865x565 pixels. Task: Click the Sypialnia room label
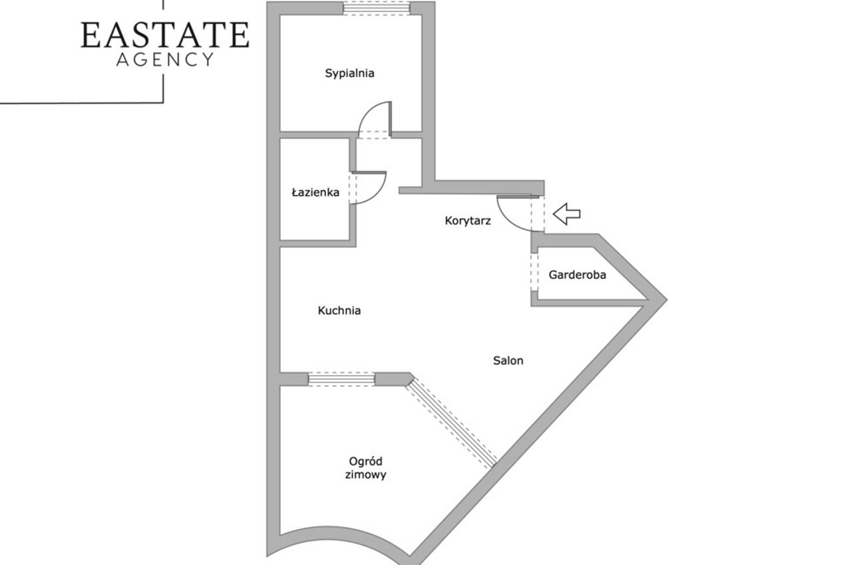pyautogui.click(x=349, y=73)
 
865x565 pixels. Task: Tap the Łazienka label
pyautogui.click(x=315, y=192)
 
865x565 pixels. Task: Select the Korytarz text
pyautogui.click(x=468, y=221)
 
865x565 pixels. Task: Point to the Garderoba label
pyautogui.click(x=578, y=275)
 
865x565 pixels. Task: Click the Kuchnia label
pyautogui.click(x=339, y=310)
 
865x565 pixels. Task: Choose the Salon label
pyautogui.click(x=508, y=360)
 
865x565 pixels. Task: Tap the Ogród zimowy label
pyautogui.click(x=365, y=468)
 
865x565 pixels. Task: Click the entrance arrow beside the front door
pyautogui.click(x=566, y=213)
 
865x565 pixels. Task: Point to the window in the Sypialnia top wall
pyautogui.click(x=377, y=8)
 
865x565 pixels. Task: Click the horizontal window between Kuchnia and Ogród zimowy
pyautogui.click(x=341, y=379)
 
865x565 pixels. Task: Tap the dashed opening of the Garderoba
pyautogui.click(x=534, y=272)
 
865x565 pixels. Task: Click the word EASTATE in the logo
pyautogui.click(x=165, y=35)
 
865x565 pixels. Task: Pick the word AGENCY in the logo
pyautogui.click(x=165, y=60)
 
